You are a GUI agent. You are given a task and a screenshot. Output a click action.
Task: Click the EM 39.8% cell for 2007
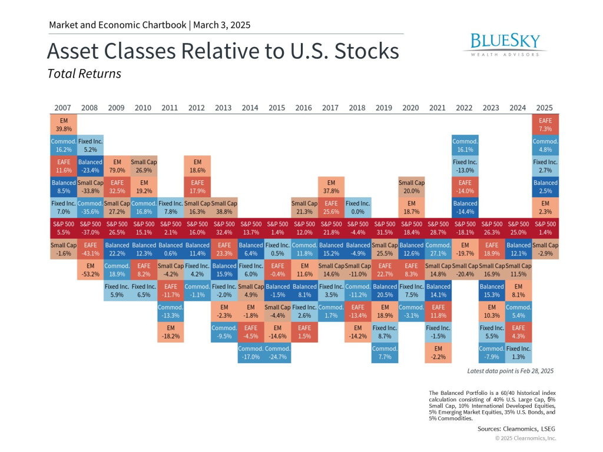[63, 125]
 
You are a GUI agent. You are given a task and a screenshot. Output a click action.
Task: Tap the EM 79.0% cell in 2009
[117, 166]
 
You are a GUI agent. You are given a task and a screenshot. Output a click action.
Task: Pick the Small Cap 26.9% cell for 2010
[143, 166]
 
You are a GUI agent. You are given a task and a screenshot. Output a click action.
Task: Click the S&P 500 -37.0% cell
[90, 228]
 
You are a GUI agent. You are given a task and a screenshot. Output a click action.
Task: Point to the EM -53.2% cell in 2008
[90, 270]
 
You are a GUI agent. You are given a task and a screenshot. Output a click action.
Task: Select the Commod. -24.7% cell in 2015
[277, 353]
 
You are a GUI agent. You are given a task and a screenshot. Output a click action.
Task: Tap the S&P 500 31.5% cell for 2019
[384, 228]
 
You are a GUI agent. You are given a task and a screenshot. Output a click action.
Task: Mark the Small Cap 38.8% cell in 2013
[224, 207]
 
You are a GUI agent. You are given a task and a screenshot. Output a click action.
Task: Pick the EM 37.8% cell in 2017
[330, 187]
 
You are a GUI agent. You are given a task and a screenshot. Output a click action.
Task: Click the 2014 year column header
[250, 108]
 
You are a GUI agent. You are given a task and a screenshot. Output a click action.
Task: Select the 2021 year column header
[438, 108]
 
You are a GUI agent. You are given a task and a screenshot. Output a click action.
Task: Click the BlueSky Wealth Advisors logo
[505, 45]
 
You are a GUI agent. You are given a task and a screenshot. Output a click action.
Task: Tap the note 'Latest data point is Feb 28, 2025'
[510, 371]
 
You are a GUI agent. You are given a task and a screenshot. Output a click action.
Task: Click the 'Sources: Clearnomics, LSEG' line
[516, 429]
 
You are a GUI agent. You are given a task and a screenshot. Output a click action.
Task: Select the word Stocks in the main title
[367, 52]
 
